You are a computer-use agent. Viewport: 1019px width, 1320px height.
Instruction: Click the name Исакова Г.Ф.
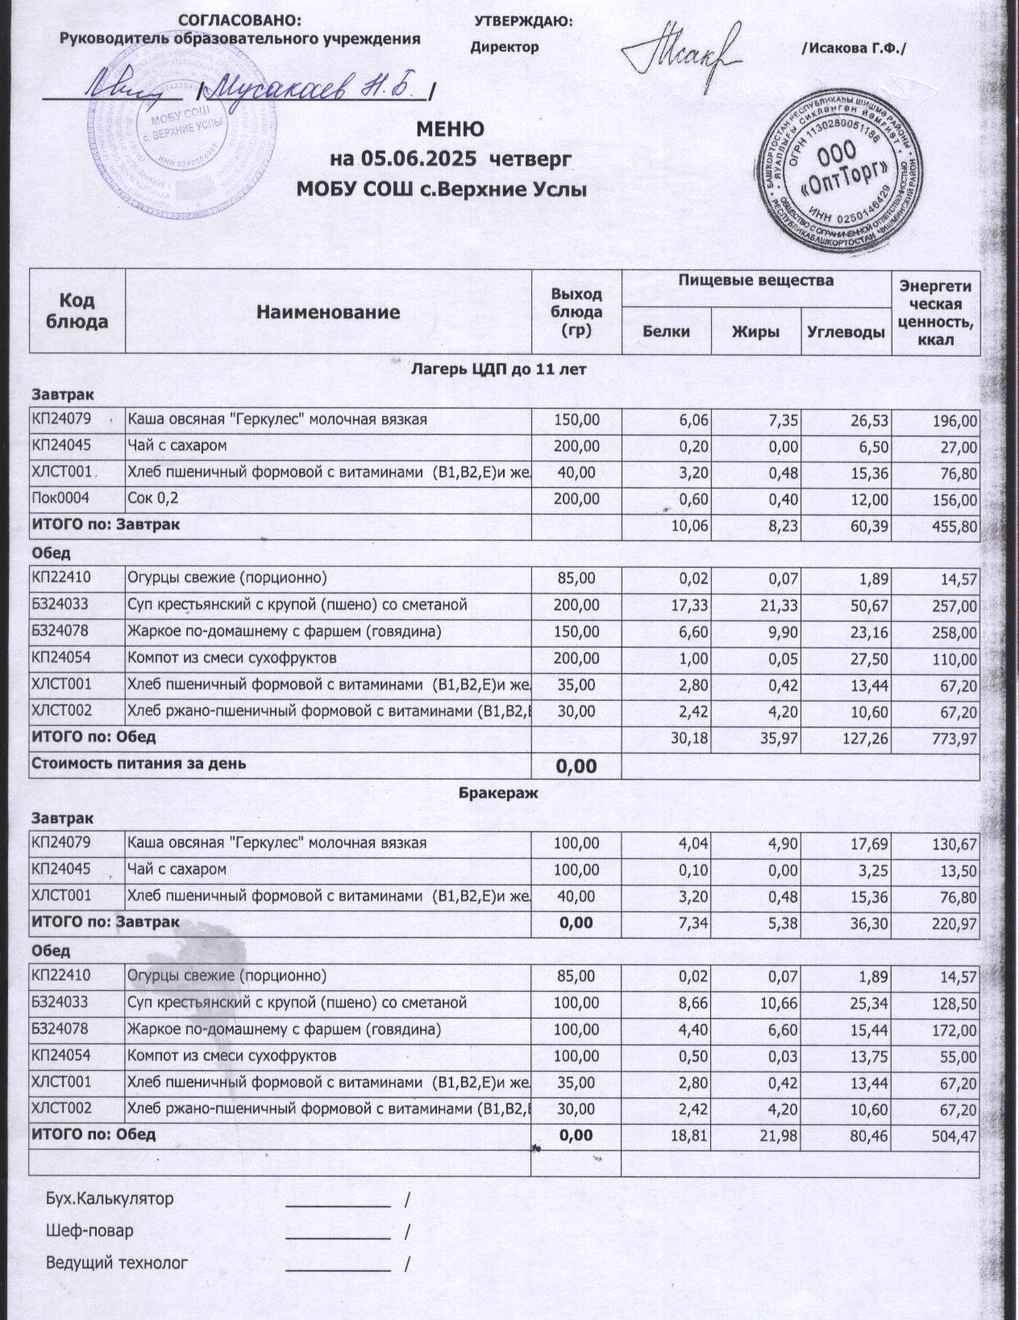click(854, 48)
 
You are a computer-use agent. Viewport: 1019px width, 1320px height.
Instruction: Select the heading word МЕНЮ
click(450, 129)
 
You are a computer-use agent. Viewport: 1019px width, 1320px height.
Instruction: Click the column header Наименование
click(327, 312)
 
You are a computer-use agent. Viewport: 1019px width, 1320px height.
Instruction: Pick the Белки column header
click(666, 331)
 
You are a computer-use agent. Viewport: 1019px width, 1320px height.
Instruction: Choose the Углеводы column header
click(846, 331)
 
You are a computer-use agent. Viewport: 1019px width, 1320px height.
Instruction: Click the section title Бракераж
click(497, 793)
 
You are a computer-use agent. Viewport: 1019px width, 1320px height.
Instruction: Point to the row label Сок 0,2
click(152, 498)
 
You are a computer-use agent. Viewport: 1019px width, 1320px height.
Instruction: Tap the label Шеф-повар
click(89, 1230)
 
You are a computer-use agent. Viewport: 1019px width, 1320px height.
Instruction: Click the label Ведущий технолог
click(116, 1262)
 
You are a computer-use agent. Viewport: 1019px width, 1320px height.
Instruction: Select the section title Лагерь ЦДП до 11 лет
click(498, 369)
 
